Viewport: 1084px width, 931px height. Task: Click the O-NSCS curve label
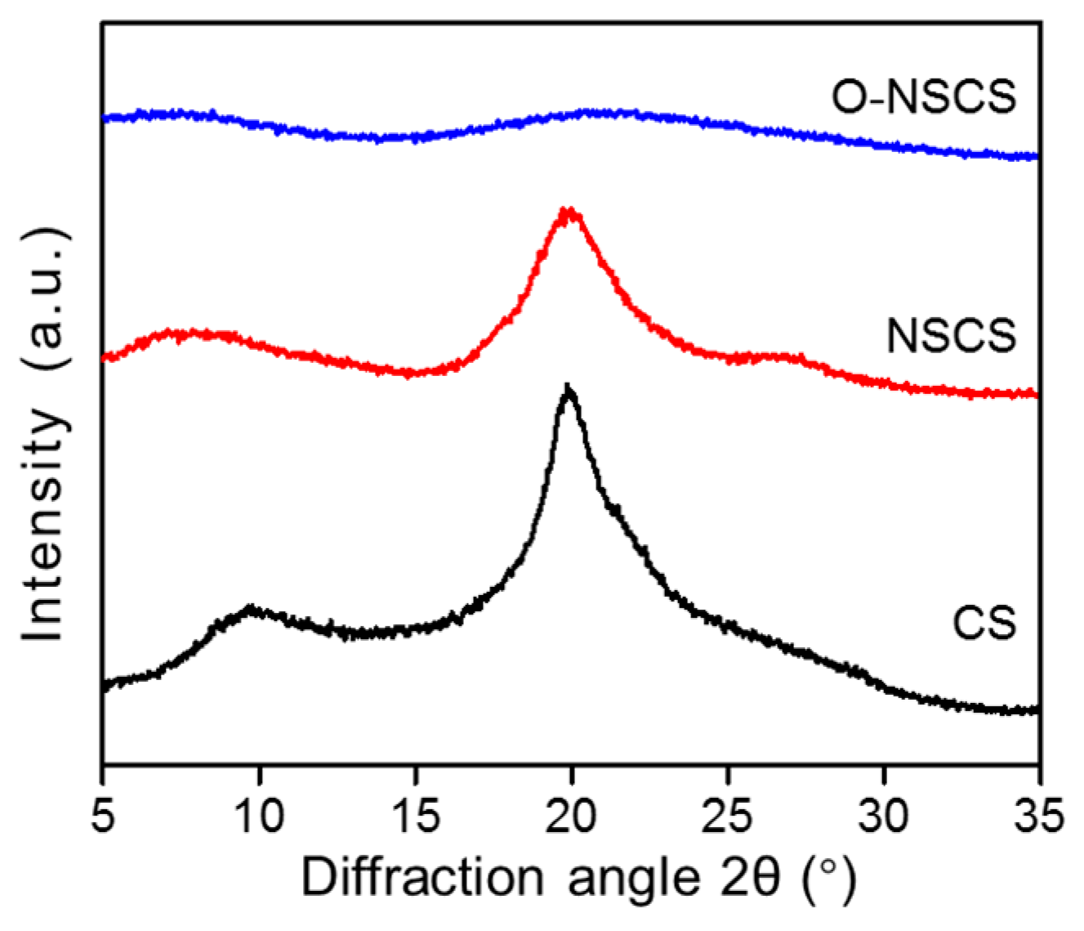tap(924, 96)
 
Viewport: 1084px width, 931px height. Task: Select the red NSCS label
tap(952, 336)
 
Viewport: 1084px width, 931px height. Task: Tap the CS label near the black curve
tap(984, 623)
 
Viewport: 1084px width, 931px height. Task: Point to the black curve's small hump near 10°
tap(252, 611)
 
